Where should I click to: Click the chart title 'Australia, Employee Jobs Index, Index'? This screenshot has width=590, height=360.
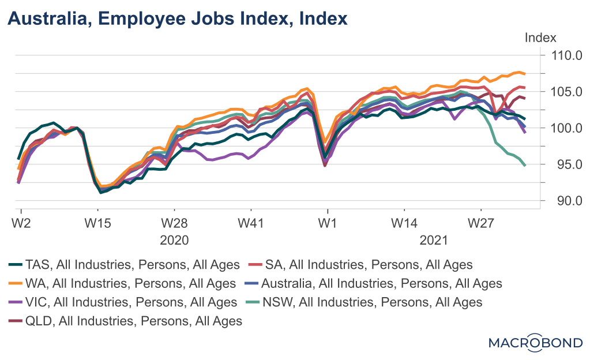[x=178, y=19]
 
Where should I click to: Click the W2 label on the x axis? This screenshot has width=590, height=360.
[x=21, y=222]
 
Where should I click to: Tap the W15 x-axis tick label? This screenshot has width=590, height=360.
[x=97, y=222]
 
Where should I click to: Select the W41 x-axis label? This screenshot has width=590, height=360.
[x=251, y=222]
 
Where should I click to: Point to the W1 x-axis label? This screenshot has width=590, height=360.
[x=328, y=222]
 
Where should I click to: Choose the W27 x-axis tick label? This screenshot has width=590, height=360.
[x=481, y=222]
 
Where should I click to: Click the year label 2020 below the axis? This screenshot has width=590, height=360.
[x=174, y=239]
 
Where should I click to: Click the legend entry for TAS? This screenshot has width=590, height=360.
[x=124, y=265]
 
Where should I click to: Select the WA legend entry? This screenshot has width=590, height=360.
[x=122, y=283]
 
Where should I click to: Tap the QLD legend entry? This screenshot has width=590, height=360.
[x=126, y=321]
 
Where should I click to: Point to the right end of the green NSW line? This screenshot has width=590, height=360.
[x=525, y=166]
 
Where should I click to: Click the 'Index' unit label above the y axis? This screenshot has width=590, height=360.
[x=540, y=38]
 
